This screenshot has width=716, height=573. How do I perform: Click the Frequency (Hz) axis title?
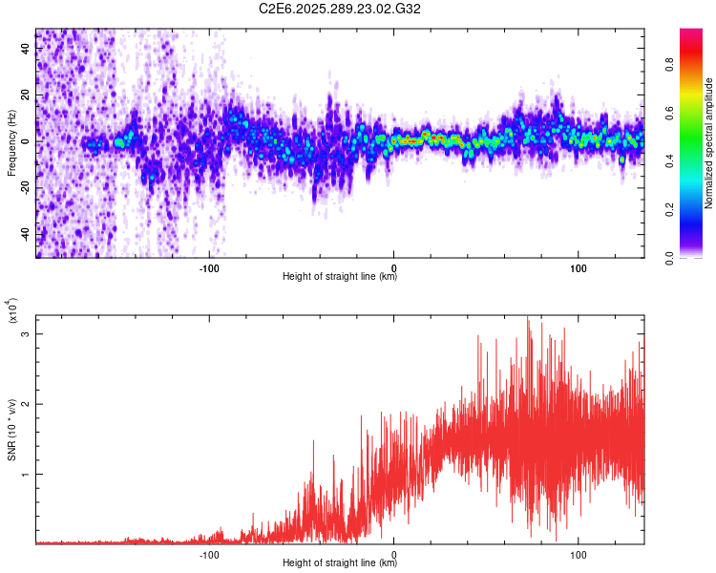click(x=11, y=142)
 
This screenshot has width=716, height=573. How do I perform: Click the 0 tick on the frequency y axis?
click(x=25, y=141)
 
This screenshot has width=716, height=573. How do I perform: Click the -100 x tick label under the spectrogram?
click(x=210, y=266)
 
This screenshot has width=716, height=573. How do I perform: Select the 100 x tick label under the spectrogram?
click(x=579, y=266)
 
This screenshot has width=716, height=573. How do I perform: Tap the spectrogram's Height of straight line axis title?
click(x=340, y=277)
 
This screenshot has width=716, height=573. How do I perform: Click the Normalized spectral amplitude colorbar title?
click(x=709, y=143)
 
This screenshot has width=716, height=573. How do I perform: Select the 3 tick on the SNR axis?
click(x=25, y=334)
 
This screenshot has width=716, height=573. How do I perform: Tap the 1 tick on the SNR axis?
click(x=25, y=474)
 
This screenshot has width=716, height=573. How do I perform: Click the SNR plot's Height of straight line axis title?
click(x=340, y=563)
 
